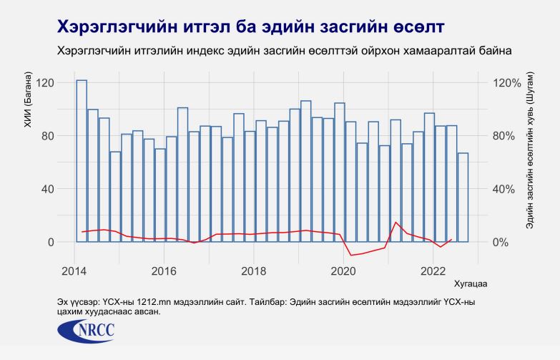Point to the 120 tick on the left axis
pyautogui.click(x=45, y=83)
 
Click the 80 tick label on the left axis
pyautogui.click(x=48, y=136)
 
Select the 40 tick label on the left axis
pyautogui.click(x=48, y=189)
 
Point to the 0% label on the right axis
pyautogui.click(x=503, y=242)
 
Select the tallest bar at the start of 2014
pyautogui.click(x=82, y=161)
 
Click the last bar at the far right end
pyautogui.click(x=463, y=198)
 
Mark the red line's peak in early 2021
pyautogui.click(x=396, y=222)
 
